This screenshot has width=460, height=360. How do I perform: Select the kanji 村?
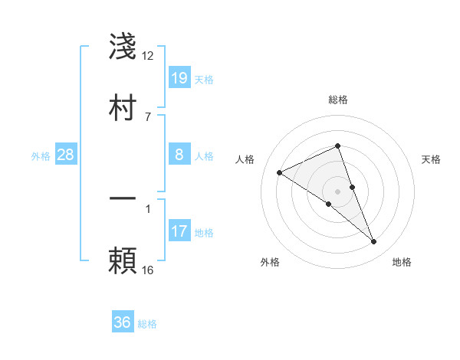click(x=123, y=106)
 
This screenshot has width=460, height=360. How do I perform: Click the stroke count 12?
click(x=148, y=56)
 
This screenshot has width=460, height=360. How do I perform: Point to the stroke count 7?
click(x=148, y=116)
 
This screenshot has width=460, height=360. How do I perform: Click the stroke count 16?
click(x=148, y=270)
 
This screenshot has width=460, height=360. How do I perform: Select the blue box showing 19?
click(x=179, y=77)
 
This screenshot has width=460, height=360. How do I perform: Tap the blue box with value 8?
click(x=179, y=155)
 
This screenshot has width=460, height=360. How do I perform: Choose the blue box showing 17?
click(x=179, y=231)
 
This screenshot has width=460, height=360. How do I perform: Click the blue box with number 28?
click(x=66, y=155)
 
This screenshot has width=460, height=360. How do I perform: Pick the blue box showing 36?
click(x=123, y=322)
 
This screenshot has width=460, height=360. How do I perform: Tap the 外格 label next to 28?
click(x=41, y=156)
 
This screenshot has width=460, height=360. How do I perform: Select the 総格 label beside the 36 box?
click(x=147, y=324)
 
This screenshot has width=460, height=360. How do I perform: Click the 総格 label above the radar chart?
click(x=338, y=100)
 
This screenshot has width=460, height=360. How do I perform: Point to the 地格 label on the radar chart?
click(x=402, y=262)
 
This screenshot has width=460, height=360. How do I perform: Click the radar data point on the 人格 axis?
click(x=280, y=173)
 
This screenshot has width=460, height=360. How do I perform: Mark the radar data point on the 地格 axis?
click(x=374, y=242)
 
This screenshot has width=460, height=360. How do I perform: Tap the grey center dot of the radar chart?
click(x=338, y=191)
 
